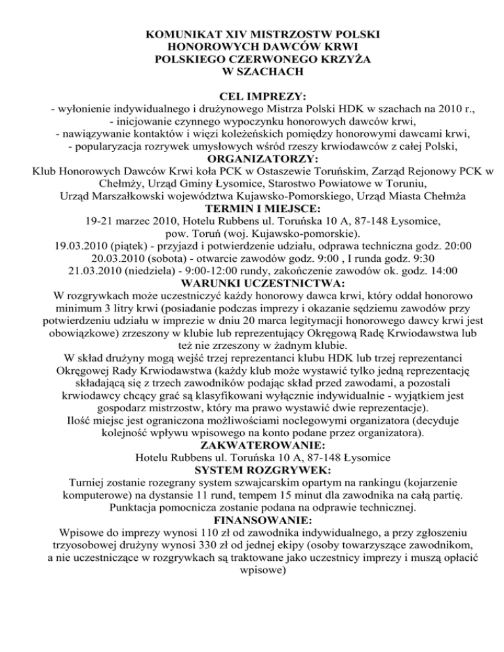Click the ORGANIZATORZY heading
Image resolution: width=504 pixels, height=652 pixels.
point(252,159)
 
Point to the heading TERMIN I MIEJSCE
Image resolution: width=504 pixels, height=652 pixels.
point(252,209)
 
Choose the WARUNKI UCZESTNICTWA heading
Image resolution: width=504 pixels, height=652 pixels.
point(252,285)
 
